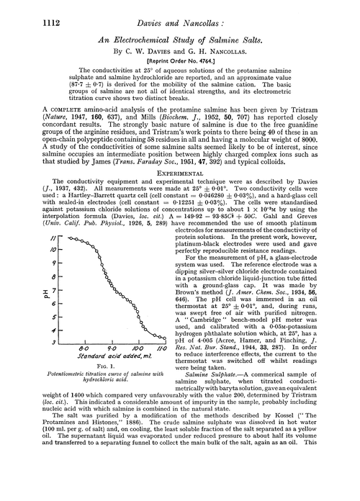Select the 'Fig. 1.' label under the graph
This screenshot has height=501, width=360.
[102, 368]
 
